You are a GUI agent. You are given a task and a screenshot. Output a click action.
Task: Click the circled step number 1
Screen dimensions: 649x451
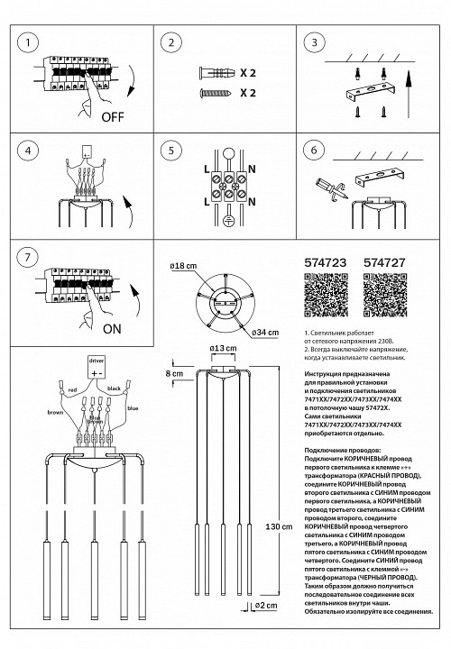point(31,41)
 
